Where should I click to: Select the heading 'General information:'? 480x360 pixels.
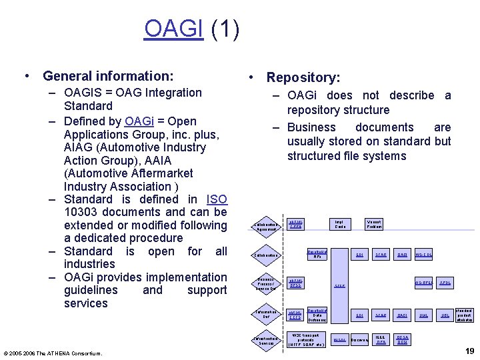(107, 76)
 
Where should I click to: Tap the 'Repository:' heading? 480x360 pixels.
(303, 78)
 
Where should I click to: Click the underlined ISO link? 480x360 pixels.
(217, 199)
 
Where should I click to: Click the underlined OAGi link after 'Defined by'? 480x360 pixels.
(139, 121)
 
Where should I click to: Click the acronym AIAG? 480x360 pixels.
(81, 147)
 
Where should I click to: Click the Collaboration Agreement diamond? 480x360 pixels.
(265, 227)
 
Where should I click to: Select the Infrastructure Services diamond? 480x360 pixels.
(265, 341)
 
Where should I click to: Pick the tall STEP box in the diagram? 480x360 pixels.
(340, 285)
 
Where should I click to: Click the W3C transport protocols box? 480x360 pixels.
(306, 339)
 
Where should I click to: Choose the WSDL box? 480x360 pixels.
(339, 340)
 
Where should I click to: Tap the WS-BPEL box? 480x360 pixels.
(424, 283)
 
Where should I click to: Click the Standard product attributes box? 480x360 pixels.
(464, 315)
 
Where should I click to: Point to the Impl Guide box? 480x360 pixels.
(340, 225)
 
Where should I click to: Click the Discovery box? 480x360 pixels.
(359, 340)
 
